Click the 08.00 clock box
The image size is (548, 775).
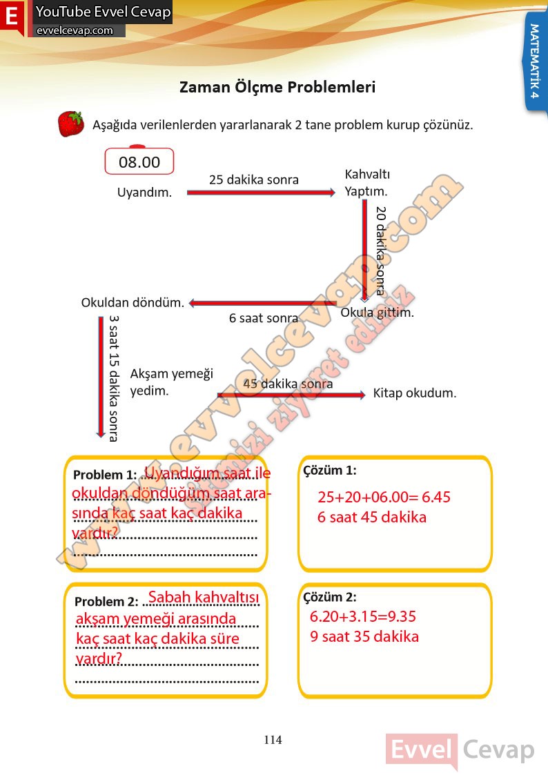139,162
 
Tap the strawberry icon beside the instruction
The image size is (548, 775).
70,124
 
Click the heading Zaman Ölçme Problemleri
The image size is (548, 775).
277,88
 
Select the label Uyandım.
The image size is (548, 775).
144,193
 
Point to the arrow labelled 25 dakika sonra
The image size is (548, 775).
260,193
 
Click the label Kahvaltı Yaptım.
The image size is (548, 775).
366,183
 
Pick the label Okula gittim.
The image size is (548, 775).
378,313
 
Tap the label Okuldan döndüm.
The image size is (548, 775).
133,302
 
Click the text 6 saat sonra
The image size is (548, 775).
264,318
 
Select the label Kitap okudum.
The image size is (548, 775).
415,393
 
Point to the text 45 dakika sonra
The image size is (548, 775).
288,384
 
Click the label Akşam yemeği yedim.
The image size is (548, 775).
171,382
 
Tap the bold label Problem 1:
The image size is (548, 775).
105,475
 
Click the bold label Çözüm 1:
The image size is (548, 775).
329,471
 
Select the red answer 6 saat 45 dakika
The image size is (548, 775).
372,517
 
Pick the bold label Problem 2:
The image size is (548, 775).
106,601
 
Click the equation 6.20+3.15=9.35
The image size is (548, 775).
363,616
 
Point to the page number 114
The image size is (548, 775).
273,740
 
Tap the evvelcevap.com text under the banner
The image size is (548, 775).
75,30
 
